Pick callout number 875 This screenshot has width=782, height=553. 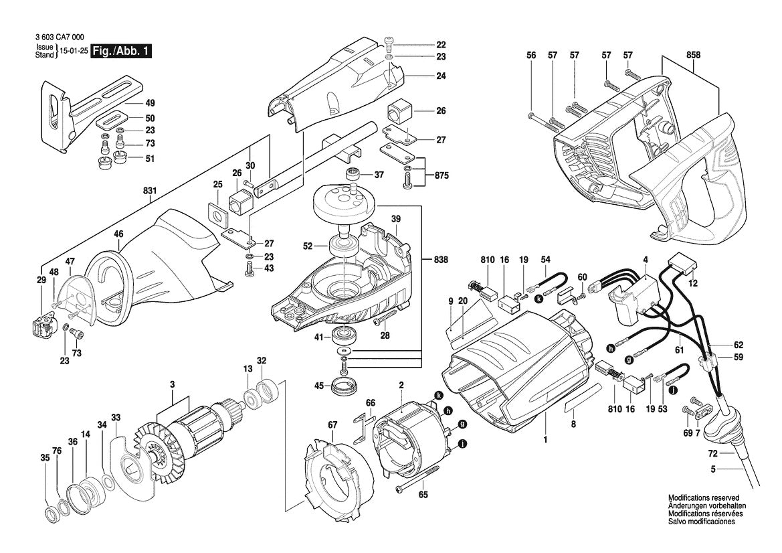pyautogui.click(x=441, y=175)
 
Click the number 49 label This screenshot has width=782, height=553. pyautogui.click(x=150, y=103)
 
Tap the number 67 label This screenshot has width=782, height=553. pyautogui.click(x=332, y=423)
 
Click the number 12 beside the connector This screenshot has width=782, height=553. pyautogui.click(x=694, y=283)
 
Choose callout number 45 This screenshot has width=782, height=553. pyautogui.click(x=319, y=385)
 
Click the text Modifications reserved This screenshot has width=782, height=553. pyautogui.click(x=703, y=498)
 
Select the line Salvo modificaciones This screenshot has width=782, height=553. pyautogui.click(x=701, y=522)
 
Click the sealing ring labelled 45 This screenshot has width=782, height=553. pyautogui.click(x=347, y=386)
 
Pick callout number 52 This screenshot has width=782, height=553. pyautogui.click(x=308, y=246)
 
